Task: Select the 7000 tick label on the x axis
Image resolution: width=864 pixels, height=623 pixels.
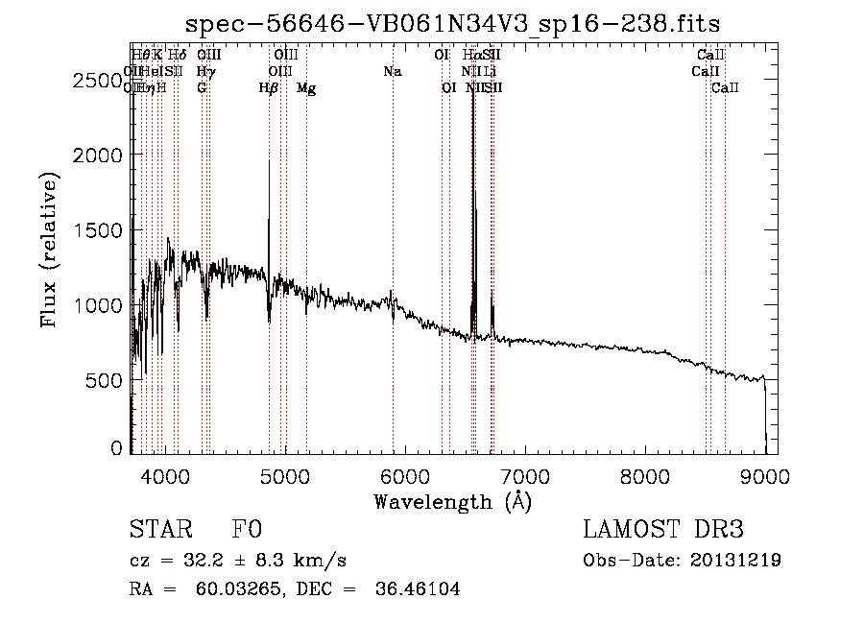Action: pyautogui.click(x=525, y=474)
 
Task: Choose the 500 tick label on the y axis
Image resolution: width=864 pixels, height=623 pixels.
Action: pyautogui.click(x=107, y=380)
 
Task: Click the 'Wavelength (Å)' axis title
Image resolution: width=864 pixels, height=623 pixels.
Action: pyautogui.click(x=452, y=500)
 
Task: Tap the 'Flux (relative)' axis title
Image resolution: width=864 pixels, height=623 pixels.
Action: pyautogui.click(x=50, y=250)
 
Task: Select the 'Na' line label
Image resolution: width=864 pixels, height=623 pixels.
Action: pyautogui.click(x=392, y=72)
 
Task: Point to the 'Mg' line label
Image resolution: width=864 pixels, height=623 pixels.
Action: pyautogui.click(x=306, y=88)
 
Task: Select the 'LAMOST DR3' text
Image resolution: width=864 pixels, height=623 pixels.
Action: pyautogui.click(x=663, y=530)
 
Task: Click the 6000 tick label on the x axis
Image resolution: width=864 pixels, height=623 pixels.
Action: pyautogui.click(x=405, y=474)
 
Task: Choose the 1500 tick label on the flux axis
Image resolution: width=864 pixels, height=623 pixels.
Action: pyautogui.click(x=99, y=230)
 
